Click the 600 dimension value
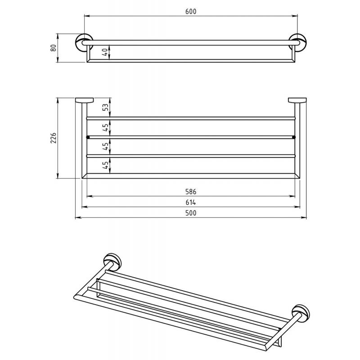coord(191,12)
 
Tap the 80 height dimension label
coord(53,48)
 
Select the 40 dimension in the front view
coord(104,52)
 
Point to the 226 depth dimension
coord(53,138)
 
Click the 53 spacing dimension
coord(105,107)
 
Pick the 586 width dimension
coord(191,192)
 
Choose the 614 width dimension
coord(191,202)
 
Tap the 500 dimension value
coord(191,213)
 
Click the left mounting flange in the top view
coord(85,100)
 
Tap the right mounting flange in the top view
coord(297,100)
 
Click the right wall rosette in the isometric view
coord(301,312)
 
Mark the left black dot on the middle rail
coord(88,137)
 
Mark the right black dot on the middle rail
coord(294,137)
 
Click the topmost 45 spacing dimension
coord(105,127)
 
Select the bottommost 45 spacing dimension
coord(105,165)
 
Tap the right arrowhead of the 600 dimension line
coord(295,16)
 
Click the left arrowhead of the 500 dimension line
coord(78,217)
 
